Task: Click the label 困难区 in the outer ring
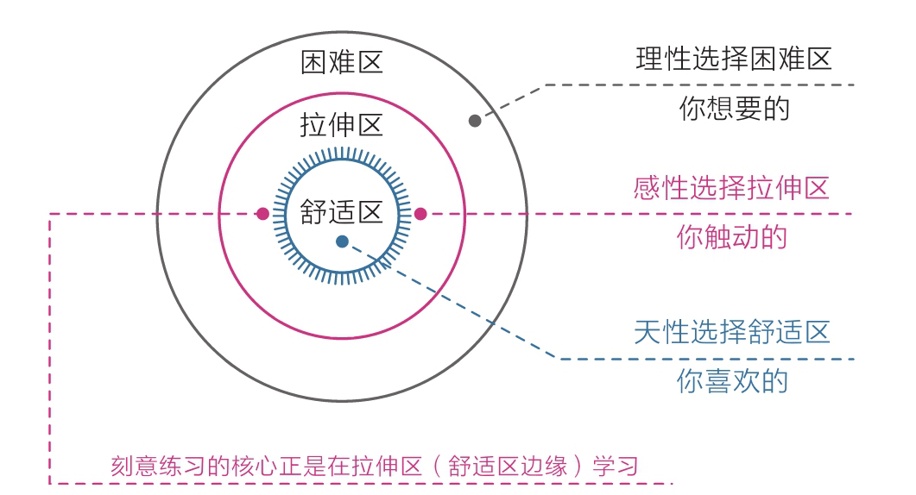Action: tap(341, 63)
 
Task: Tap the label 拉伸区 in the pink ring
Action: tap(341, 126)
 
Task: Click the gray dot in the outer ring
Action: tap(475, 121)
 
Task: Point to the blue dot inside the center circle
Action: tap(343, 242)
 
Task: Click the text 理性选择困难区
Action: tap(732, 60)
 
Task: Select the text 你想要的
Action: tap(732, 110)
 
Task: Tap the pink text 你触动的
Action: tap(732, 238)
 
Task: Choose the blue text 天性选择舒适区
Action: tap(732, 332)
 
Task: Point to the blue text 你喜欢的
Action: tap(732, 380)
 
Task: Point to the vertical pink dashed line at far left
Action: tap(49, 345)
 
